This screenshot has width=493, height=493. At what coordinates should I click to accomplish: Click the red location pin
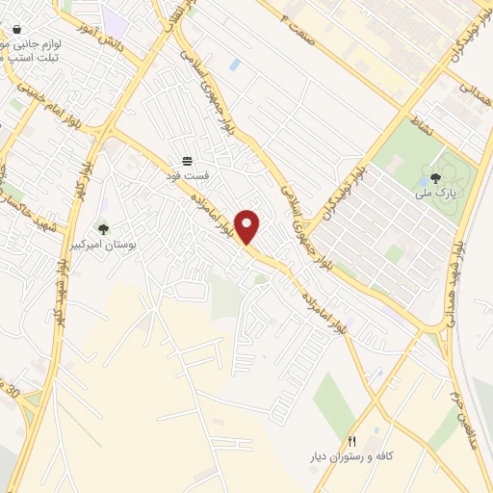pyautogui.click(x=248, y=227)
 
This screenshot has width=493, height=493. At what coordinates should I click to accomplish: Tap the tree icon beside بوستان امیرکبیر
pyautogui.click(x=103, y=229)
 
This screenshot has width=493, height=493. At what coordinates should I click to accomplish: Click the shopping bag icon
pyautogui.click(x=16, y=30)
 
